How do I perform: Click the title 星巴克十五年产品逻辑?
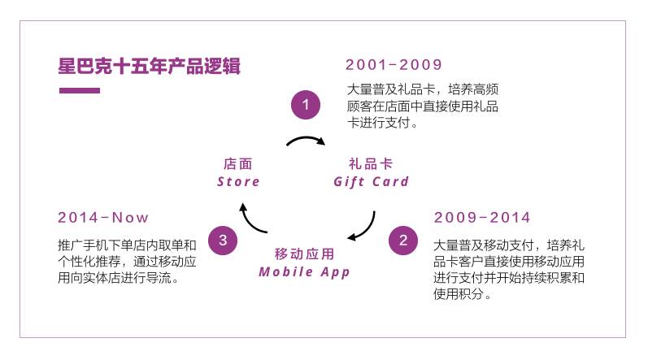[x=149, y=66]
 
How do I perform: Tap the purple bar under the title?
[x=80, y=90]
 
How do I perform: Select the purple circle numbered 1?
[x=306, y=105]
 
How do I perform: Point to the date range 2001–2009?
[x=394, y=65]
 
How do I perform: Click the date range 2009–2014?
[x=482, y=217]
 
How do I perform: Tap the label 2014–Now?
[x=103, y=217]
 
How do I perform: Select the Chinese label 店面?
[x=237, y=163]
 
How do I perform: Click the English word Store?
[x=239, y=181]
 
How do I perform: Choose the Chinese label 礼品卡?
[x=371, y=163]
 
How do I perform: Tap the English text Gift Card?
[x=372, y=181]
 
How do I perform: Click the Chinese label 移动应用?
[x=304, y=254]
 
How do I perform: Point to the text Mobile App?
[x=305, y=271]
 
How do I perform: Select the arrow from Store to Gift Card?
[x=306, y=142]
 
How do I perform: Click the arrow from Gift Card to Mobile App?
[x=366, y=227]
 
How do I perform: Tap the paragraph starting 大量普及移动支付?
[x=510, y=269]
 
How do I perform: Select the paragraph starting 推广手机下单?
[x=128, y=261]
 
